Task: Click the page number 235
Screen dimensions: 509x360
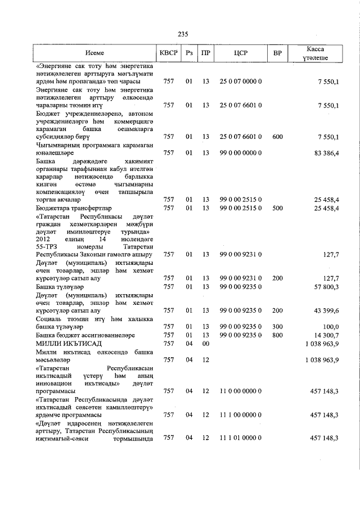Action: point(182,34)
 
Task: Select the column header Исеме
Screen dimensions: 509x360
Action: point(96,53)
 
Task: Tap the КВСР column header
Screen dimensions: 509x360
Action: point(168,53)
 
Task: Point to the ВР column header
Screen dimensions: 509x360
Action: point(277,53)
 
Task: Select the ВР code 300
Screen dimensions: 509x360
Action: point(277,326)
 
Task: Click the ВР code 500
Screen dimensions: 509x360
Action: point(277,208)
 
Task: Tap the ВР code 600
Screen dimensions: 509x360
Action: point(277,137)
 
